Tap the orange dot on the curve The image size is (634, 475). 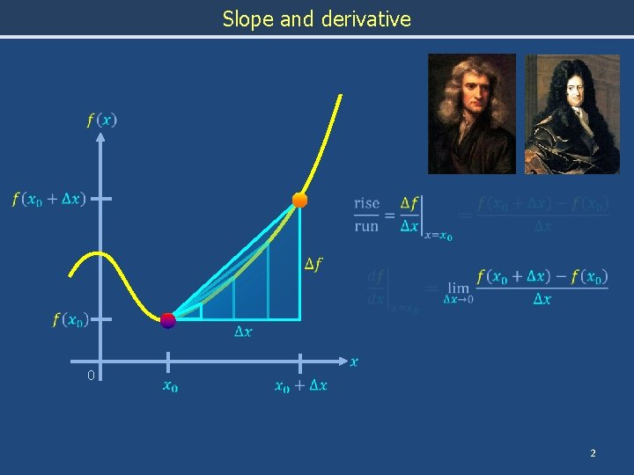coord(299,201)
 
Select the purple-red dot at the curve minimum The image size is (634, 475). coord(167,320)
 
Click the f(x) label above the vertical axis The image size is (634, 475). coord(101,120)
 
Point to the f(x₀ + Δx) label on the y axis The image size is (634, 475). coord(48,199)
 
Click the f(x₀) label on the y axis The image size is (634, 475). coord(70,319)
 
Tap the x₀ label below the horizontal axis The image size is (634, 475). coord(169,385)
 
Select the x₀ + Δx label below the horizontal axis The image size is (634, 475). coord(300,385)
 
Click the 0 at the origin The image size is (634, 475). coord(91,376)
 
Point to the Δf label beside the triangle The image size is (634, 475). coord(313,264)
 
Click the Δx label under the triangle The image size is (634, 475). coord(243,332)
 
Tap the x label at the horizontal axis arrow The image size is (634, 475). coord(354,362)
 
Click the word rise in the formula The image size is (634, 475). coord(366,204)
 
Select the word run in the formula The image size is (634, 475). coord(366,226)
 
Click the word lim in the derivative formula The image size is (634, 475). coord(458,288)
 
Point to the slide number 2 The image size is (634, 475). coord(593,452)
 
